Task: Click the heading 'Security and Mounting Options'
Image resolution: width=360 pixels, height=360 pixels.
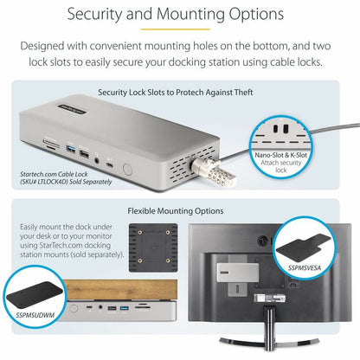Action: tap(180, 16)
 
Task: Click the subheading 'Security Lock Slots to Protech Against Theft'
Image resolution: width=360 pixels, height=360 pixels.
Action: tap(179, 92)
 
